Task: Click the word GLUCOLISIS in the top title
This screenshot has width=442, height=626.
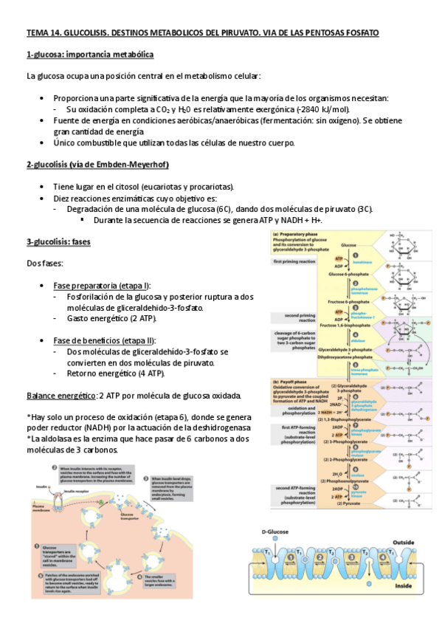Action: tap(92, 34)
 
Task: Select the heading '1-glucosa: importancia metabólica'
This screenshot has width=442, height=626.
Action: tap(90, 55)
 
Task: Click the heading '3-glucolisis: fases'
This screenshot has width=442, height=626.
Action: tap(58, 241)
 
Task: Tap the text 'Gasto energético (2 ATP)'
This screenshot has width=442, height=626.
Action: tap(111, 318)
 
